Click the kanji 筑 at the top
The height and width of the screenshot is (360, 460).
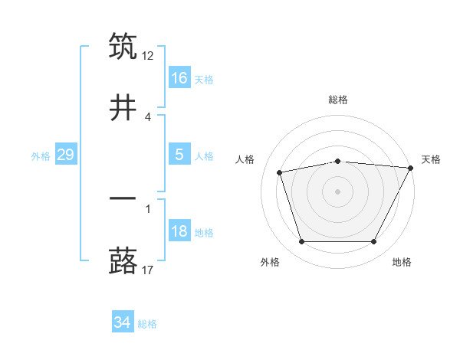pyautogui.click(x=123, y=47)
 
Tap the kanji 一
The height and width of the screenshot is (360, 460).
pyautogui.click(x=123, y=198)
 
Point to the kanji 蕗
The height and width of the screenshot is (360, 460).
pyautogui.click(x=123, y=260)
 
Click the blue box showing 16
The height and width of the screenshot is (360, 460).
pyautogui.click(x=179, y=77)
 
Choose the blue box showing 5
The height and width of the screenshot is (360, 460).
pyautogui.click(x=179, y=154)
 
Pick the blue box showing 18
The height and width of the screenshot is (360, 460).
pyautogui.click(x=179, y=231)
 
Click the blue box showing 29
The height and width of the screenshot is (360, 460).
pyautogui.click(x=65, y=155)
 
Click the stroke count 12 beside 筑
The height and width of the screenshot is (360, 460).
pyautogui.click(x=149, y=55)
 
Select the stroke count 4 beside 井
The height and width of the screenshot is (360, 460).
pyautogui.click(x=148, y=116)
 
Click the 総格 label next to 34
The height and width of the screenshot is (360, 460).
pyautogui.click(x=147, y=324)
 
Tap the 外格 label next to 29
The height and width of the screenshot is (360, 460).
pyautogui.click(x=41, y=156)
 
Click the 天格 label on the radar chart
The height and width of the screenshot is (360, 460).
pyautogui.click(x=431, y=159)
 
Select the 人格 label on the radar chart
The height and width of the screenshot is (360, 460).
pyautogui.click(x=245, y=159)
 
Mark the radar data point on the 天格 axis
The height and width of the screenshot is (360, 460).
pyautogui.click(x=411, y=168)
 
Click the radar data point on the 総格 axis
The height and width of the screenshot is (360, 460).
pyautogui.click(x=337, y=161)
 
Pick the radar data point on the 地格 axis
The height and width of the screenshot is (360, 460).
pyautogui.click(x=374, y=242)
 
